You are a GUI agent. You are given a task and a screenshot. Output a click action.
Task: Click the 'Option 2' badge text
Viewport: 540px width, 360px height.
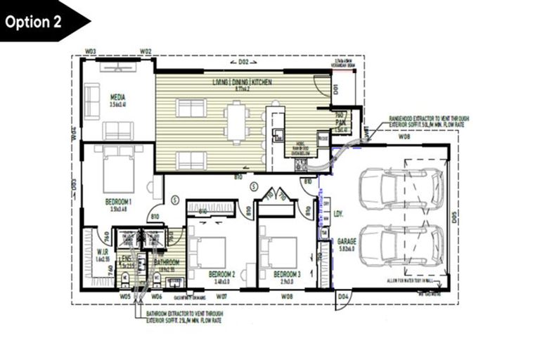34,22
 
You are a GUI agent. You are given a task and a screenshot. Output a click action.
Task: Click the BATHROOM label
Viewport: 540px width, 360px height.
167,262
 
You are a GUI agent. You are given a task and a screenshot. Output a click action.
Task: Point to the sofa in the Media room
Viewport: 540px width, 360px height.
117,130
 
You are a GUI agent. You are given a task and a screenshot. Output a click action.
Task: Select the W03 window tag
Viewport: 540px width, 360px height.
90,51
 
